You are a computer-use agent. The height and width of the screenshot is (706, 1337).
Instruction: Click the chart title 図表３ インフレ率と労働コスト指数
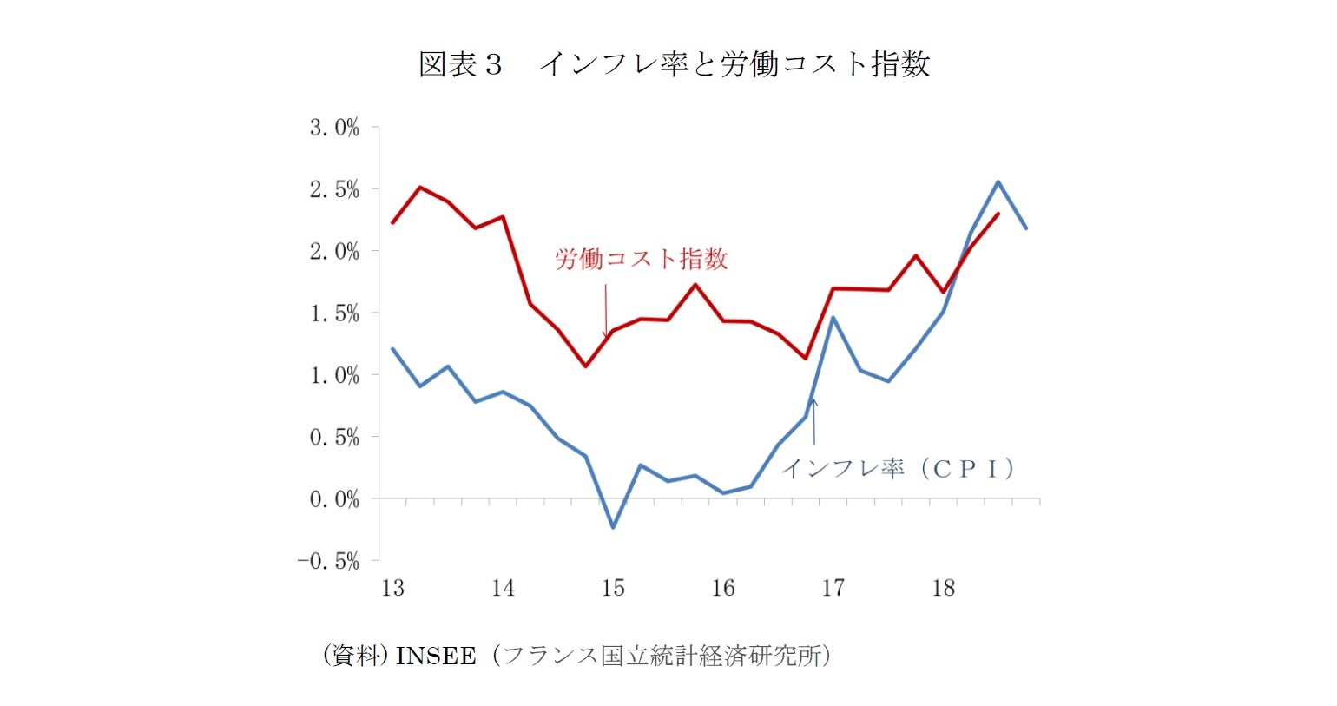tap(674, 64)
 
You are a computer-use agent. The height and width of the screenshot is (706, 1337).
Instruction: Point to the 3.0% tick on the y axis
tap(334, 128)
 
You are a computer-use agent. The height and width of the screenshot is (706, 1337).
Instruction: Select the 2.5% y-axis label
tap(334, 189)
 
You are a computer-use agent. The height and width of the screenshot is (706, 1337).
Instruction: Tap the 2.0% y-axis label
tap(334, 252)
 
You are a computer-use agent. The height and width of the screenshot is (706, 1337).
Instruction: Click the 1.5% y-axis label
tap(334, 313)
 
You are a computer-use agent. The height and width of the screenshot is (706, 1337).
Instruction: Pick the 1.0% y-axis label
tap(334, 375)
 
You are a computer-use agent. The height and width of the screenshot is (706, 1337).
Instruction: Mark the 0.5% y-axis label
tap(334, 438)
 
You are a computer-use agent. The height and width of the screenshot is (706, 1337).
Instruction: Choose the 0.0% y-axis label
tap(334, 499)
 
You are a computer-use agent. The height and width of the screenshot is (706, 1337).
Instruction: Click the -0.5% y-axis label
tap(328, 562)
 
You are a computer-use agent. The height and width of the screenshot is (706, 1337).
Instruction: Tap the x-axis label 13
tap(392, 589)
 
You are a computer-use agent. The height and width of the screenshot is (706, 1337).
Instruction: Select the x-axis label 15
tap(613, 589)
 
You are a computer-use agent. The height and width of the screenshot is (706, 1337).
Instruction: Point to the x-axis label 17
tap(833, 589)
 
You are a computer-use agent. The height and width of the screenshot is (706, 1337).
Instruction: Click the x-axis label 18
tap(943, 589)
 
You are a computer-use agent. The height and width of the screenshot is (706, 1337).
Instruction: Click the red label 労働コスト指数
tap(641, 259)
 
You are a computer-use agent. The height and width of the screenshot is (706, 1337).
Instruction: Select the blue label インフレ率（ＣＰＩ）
tap(899, 469)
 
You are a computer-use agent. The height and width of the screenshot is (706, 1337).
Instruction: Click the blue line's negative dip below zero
tap(613, 526)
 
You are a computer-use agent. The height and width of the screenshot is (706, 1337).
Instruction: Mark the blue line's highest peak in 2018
tap(998, 182)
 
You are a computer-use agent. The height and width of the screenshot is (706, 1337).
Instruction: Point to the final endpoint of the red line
tap(998, 214)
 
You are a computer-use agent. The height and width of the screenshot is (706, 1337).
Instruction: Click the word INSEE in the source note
tap(435, 656)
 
